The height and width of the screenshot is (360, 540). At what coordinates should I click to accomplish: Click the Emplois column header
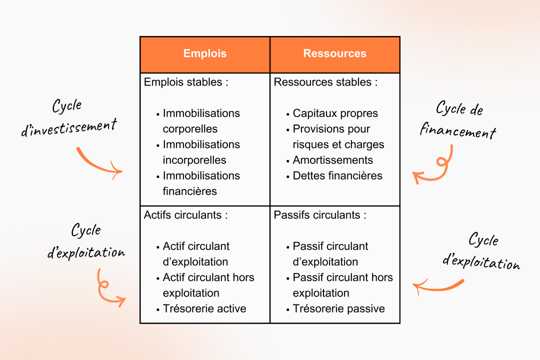pyautogui.click(x=205, y=54)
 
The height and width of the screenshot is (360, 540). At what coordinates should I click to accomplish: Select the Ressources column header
pyautogui.click(x=334, y=54)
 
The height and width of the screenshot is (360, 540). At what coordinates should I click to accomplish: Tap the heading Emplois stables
pyautogui.click(x=186, y=82)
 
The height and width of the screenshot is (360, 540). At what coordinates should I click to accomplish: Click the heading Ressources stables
pyautogui.click(x=325, y=82)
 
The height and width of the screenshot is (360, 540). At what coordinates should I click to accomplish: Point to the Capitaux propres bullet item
pyautogui.click(x=335, y=113)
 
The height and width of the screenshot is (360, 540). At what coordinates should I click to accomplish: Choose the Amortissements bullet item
pyautogui.click(x=332, y=160)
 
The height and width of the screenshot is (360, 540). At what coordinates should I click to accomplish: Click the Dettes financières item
pyautogui.click(x=337, y=175)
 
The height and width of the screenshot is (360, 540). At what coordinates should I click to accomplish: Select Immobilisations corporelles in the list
pyautogui.click(x=201, y=121)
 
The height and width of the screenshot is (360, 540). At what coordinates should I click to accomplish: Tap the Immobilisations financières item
pyautogui.click(x=201, y=183)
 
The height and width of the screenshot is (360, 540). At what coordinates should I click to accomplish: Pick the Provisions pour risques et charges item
pyautogui.click(x=338, y=136)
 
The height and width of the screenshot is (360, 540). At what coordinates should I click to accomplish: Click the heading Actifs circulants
pyautogui.click(x=186, y=215)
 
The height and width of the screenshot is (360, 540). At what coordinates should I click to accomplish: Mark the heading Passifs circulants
pyautogui.click(x=320, y=215)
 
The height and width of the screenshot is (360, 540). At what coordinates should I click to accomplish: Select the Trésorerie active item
pyautogui.click(x=204, y=308)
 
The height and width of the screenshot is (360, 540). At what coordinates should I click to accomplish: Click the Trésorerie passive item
pyautogui.click(x=338, y=308)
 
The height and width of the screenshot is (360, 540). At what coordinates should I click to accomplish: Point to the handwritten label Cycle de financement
pyautogui.click(x=458, y=120)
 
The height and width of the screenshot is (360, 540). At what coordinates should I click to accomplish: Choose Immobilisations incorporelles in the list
pyautogui.click(x=201, y=152)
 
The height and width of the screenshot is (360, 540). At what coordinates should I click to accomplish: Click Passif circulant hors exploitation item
pyautogui.click(x=342, y=285)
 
